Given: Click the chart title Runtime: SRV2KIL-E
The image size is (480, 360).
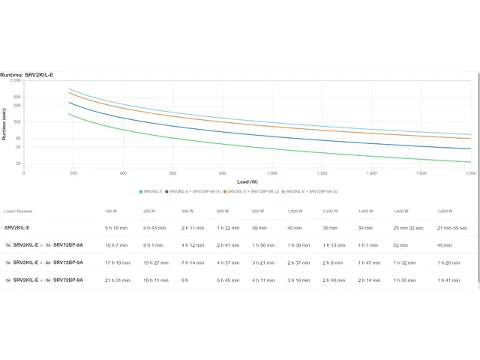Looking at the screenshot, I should [27, 75].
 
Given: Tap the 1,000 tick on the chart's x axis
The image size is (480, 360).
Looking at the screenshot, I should [272, 173].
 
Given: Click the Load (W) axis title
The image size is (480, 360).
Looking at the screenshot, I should [247, 181].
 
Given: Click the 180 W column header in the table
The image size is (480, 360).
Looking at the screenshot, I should [111, 211].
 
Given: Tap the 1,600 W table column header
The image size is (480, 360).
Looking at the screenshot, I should [400, 211].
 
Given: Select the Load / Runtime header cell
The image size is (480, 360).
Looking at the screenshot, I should [18, 211].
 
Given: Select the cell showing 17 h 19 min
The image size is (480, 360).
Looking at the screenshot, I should [117, 262].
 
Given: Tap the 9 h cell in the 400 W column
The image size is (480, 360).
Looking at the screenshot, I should [185, 280].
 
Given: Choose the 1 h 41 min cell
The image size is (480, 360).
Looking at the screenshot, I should [448, 280].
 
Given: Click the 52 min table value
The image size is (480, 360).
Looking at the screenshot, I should [400, 244].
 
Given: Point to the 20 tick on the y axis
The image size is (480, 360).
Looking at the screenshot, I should [17, 163].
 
